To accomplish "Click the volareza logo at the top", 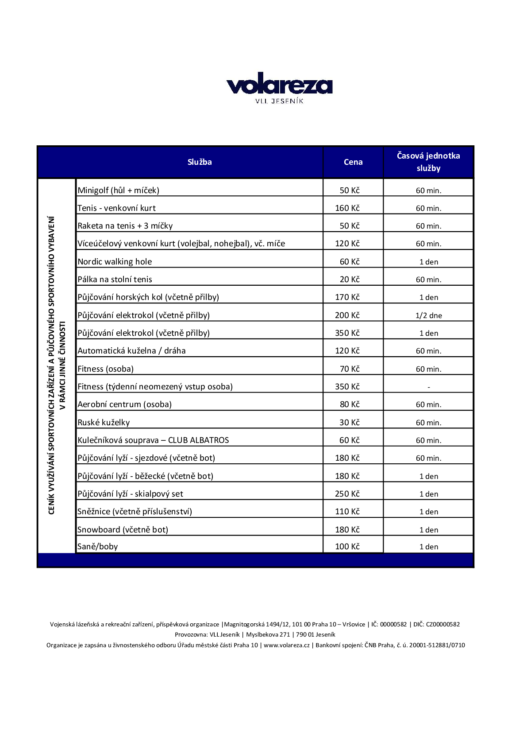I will coord(279,84).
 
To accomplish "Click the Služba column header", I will coord(200,162).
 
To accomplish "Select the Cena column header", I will coord(353,162).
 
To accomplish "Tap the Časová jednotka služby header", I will coord(428,162).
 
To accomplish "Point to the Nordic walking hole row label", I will coord(115,262).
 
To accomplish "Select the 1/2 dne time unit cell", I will coord(429,315).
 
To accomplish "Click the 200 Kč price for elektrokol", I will coord(347,315).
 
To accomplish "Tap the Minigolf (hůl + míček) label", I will coord(118,190).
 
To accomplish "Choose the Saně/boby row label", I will coord(97,547).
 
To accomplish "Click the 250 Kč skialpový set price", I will coord(347,494).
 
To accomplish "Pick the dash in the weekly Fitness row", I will coord(429,387).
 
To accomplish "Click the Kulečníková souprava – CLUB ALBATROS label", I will coord(153,440).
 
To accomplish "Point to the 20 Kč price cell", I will coord(350,280).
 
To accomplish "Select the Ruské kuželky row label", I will coord(104,423).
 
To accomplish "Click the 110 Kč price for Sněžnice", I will coord(347,512).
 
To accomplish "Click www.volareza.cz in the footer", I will coord(287,645).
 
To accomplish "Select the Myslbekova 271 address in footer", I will coord(268,634).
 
